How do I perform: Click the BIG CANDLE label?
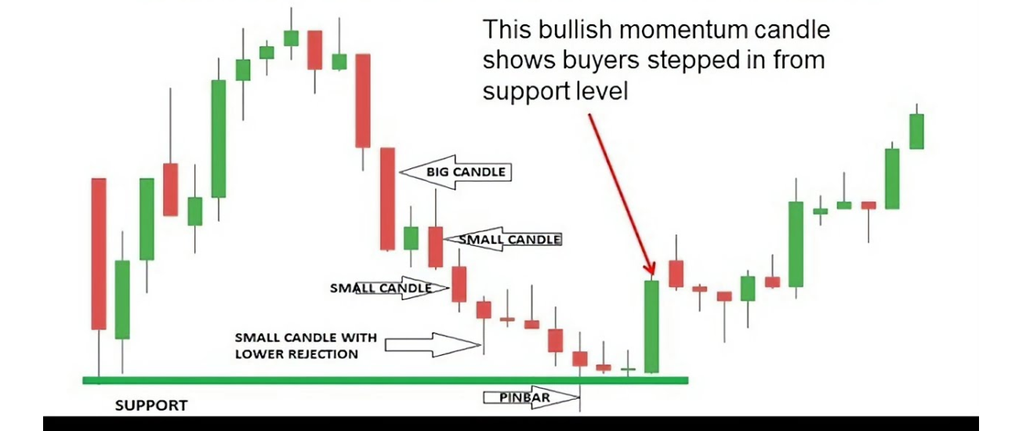click(x=466, y=172)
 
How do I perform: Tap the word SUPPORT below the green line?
click(x=151, y=406)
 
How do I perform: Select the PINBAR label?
click(x=524, y=397)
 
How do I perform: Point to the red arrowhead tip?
click(x=653, y=274)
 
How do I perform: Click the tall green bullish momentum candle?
click(x=652, y=327)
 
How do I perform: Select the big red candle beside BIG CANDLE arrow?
click(x=387, y=199)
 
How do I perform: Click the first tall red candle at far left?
click(x=99, y=254)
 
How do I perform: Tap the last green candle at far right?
click(x=916, y=131)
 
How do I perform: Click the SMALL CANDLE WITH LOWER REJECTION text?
click(x=306, y=346)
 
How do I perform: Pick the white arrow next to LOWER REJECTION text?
click(x=432, y=345)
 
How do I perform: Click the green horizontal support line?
click(x=386, y=380)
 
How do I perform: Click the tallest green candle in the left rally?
click(x=219, y=139)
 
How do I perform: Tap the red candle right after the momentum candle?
click(x=676, y=273)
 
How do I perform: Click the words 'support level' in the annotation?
click(x=555, y=91)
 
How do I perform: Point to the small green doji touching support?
click(x=628, y=369)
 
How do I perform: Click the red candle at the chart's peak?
click(x=315, y=50)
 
